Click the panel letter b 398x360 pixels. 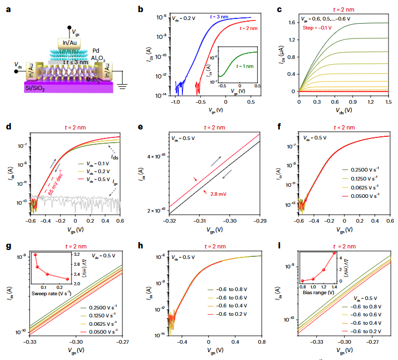pyautogui.click(x=140, y=9)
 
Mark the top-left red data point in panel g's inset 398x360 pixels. pyautogui.click(x=35, y=255)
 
